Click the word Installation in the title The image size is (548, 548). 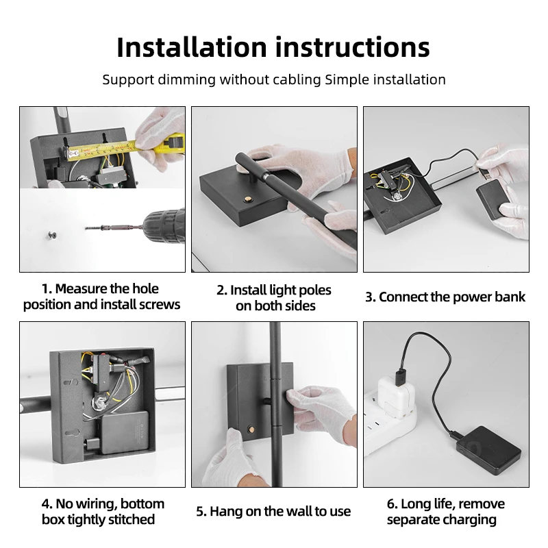point(192,47)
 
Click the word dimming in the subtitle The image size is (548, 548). point(186,79)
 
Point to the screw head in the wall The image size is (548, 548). point(53,236)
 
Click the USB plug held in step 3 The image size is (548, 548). point(484,173)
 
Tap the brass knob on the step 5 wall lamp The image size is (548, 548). point(250,429)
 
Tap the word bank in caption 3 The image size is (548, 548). point(509,297)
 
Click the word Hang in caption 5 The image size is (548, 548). point(226,511)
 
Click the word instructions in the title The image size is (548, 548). point(353,47)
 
